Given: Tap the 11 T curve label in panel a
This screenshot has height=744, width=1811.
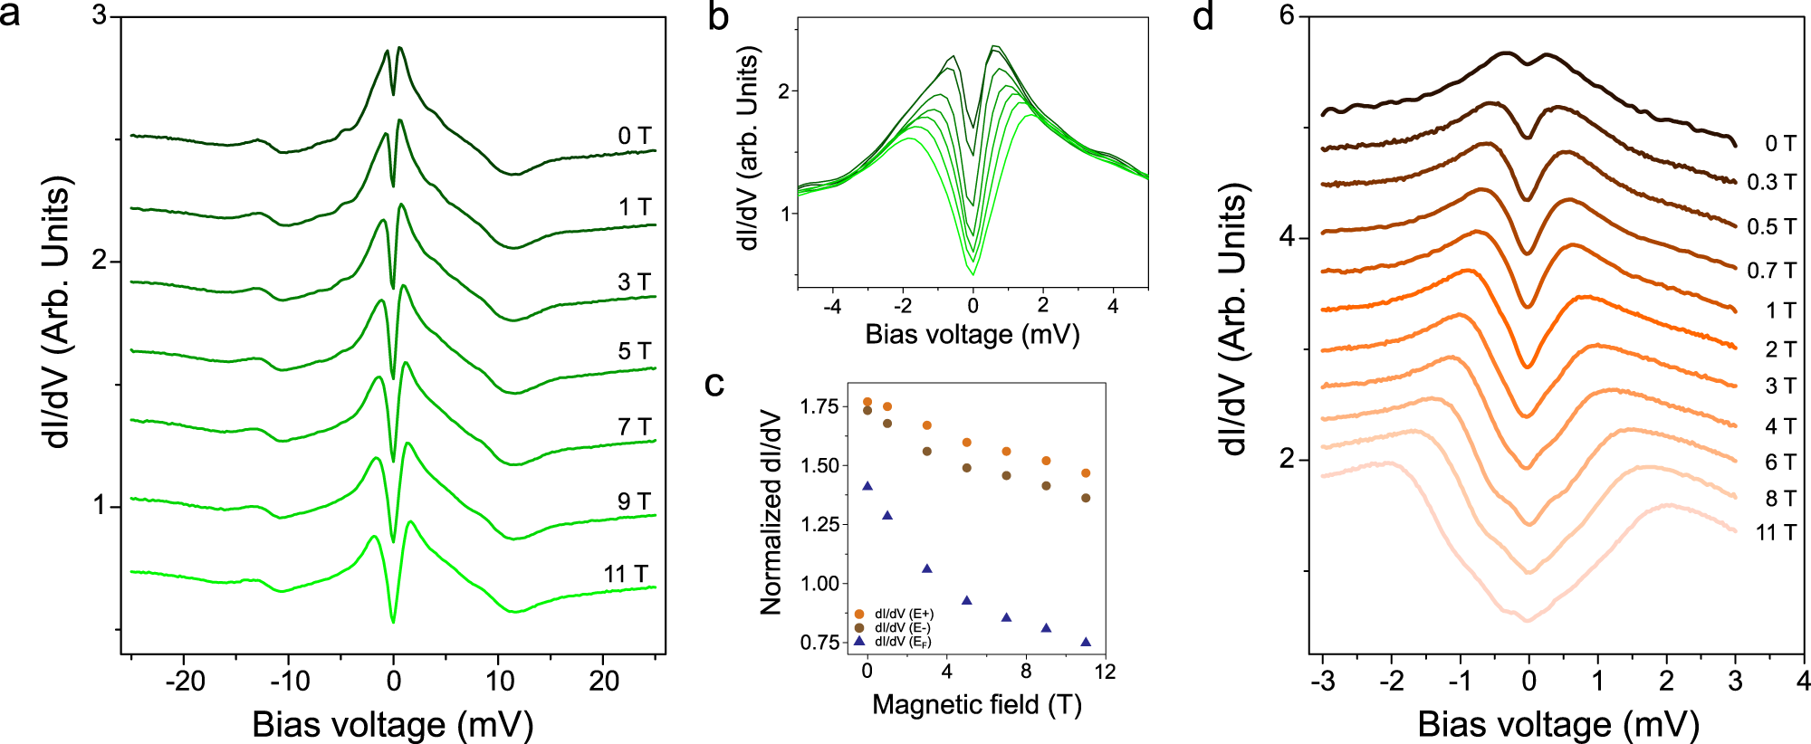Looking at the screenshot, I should [626, 575].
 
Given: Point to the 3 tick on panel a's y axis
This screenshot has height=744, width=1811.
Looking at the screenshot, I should [100, 17].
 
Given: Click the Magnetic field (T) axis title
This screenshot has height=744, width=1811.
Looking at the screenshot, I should [977, 704].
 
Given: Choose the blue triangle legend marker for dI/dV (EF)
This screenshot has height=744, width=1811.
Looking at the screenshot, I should [858, 642].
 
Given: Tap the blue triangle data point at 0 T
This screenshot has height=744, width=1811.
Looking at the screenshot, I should [867, 486].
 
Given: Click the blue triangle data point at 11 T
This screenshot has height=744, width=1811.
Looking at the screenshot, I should [1086, 642].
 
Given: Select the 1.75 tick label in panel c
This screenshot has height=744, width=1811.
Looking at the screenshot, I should [819, 406].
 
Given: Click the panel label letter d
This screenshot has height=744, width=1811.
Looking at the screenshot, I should [1203, 16].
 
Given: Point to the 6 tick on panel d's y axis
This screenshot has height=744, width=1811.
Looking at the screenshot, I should [1287, 16].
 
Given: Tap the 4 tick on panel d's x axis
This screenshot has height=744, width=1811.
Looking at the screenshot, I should [1803, 681].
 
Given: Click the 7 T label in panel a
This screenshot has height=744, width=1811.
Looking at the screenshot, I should [634, 427].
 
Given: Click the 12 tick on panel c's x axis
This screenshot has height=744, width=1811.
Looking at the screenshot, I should [1105, 672].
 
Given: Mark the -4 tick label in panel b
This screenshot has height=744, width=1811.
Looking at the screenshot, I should [832, 307].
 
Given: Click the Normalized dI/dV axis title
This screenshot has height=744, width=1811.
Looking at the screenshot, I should [771, 512].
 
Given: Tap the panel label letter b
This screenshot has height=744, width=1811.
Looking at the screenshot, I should [718, 16].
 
